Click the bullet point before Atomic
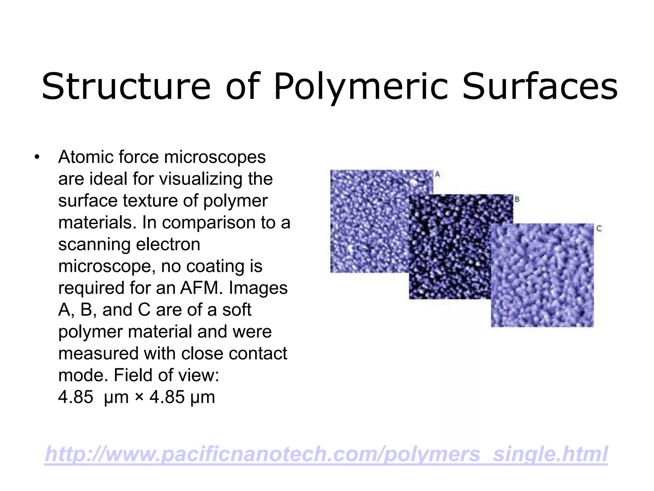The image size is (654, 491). [x=37, y=157]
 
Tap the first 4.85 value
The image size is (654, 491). [x=76, y=397]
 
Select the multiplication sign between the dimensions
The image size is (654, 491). [x=139, y=397]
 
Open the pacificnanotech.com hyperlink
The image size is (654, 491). [x=326, y=454]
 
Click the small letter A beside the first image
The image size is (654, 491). [x=437, y=175]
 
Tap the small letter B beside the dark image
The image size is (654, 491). [x=517, y=199]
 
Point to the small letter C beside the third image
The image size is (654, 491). [x=599, y=229]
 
